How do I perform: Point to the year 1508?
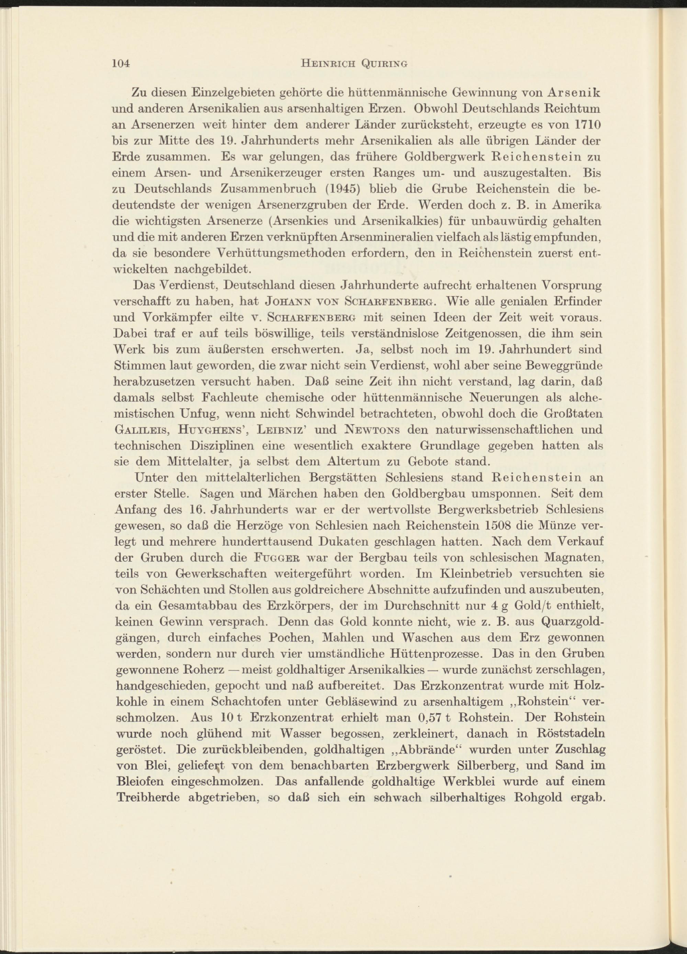[x=499, y=526]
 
